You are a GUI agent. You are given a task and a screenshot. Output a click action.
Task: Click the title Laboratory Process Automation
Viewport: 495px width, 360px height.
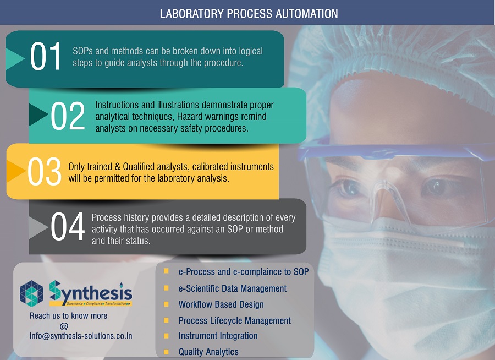[x=249, y=14]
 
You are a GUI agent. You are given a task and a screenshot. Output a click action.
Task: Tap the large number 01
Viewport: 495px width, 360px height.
[x=45, y=56]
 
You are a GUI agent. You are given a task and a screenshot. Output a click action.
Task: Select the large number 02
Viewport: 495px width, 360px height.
[x=68, y=116]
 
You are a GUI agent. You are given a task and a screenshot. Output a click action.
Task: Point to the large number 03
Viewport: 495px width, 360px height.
[x=44, y=171]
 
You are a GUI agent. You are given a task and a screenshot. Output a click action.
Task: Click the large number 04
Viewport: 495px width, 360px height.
[x=68, y=226]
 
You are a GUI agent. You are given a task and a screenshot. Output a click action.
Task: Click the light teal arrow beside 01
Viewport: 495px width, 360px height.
[x=15, y=59]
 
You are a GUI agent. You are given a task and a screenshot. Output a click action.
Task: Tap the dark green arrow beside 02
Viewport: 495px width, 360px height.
[x=38, y=115]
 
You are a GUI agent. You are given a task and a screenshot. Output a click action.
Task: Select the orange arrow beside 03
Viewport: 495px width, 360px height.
[x=16, y=171]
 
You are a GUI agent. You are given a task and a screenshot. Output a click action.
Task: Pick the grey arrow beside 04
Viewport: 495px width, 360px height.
[x=38, y=227]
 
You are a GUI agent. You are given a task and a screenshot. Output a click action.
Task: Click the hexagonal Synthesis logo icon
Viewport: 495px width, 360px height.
[x=31, y=293]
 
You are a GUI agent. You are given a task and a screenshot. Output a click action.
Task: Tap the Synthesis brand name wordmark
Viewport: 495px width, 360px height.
[x=91, y=293]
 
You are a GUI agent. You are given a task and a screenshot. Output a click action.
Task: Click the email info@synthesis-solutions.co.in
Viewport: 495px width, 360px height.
[x=81, y=336]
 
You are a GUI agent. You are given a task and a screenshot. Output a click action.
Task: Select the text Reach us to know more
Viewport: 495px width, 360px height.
[x=69, y=316]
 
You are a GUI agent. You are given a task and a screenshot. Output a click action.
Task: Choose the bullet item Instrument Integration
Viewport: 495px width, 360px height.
[x=218, y=336]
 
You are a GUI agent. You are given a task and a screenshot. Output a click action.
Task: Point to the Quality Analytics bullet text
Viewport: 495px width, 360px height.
[x=208, y=352]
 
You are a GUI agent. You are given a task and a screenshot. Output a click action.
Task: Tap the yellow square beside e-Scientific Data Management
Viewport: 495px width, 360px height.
[x=166, y=288]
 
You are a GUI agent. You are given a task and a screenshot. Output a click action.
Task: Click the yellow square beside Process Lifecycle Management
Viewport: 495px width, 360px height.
[x=166, y=320]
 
